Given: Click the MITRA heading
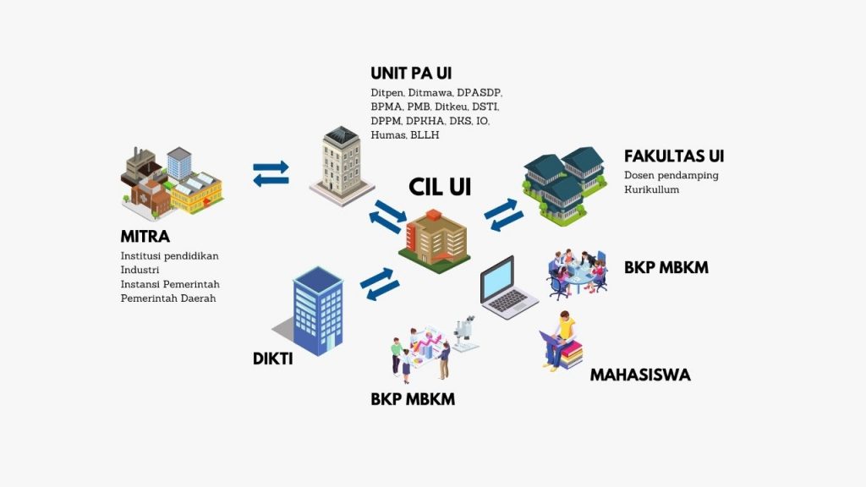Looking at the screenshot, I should [145, 236].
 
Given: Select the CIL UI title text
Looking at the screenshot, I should [440, 187].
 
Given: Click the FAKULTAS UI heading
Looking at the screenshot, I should [673, 156].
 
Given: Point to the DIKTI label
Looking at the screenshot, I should [273, 358].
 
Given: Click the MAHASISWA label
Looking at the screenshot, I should [639, 375].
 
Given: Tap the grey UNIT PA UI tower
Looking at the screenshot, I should [342, 165].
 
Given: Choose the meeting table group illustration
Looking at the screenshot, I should [578, 271].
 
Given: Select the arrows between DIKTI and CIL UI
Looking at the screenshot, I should [379, 284].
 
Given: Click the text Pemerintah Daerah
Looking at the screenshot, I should [167, 298].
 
